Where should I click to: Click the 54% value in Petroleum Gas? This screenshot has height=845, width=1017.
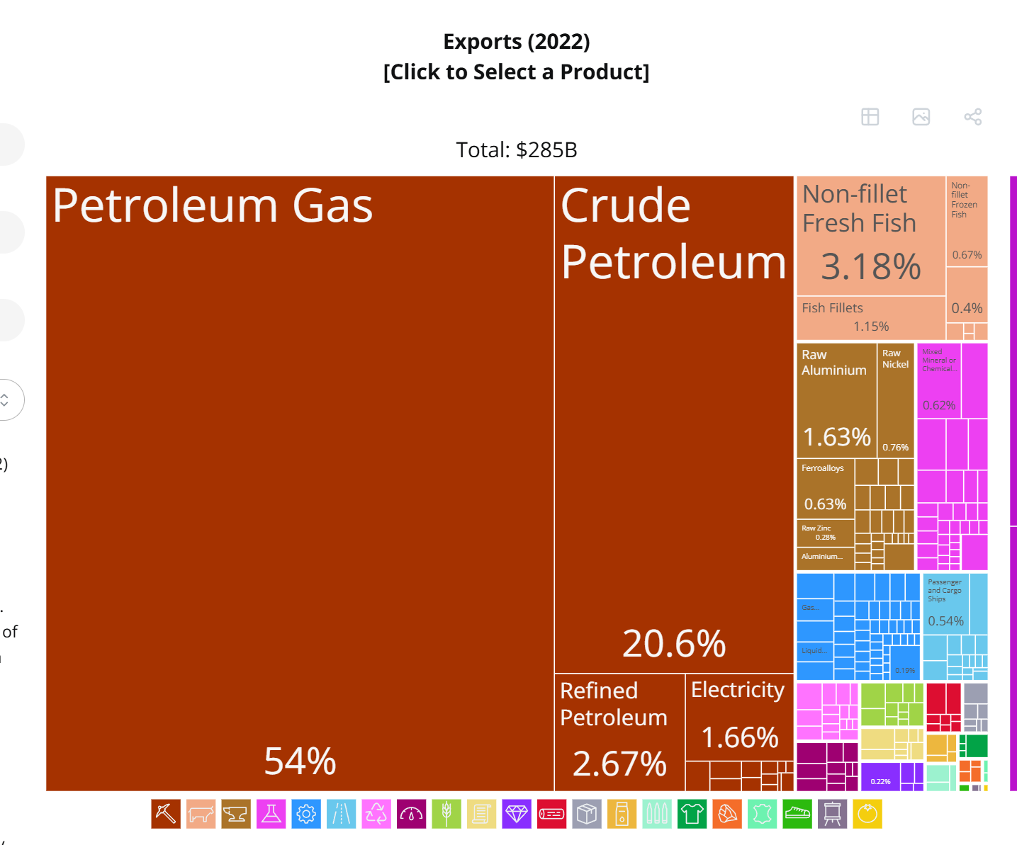click(x=300, y=761)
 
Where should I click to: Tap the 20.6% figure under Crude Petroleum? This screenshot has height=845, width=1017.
click(x=673, y=643)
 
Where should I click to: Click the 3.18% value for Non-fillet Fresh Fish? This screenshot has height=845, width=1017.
click(x=870, y=267)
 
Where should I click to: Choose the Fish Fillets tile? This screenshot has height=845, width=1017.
click(x=870, y=317)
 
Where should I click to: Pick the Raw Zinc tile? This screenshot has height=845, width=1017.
click(x=824, y=533)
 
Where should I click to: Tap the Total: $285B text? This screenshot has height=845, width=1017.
click(x=516, y=150)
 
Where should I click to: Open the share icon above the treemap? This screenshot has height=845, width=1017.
click(x=972, y=117)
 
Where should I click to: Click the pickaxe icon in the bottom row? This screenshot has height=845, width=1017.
click(x=166, y=814)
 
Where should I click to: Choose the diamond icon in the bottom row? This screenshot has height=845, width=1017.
click(x=517, y=814)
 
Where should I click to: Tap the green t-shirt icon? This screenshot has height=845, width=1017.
click(x=692, y=814)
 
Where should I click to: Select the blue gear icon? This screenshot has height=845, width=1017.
click(x=306, y=814)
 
